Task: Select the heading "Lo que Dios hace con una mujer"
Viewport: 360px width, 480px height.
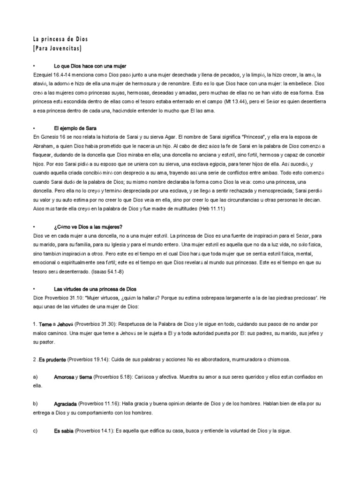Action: pyautogui.click(x=90, y=67)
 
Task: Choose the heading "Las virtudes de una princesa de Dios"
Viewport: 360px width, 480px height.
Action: pyautogui.click(x=95, y=289)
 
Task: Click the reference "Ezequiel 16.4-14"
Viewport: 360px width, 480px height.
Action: pyautogui.click(x=52, y=75)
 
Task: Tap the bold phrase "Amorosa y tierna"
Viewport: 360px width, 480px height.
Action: pyautogui.click(x=73, y=377)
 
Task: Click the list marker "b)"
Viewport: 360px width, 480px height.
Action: pyautogui.click(x=35, y=403)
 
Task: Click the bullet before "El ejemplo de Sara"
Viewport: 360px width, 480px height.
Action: pyautogui.click(x=35, y=128)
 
